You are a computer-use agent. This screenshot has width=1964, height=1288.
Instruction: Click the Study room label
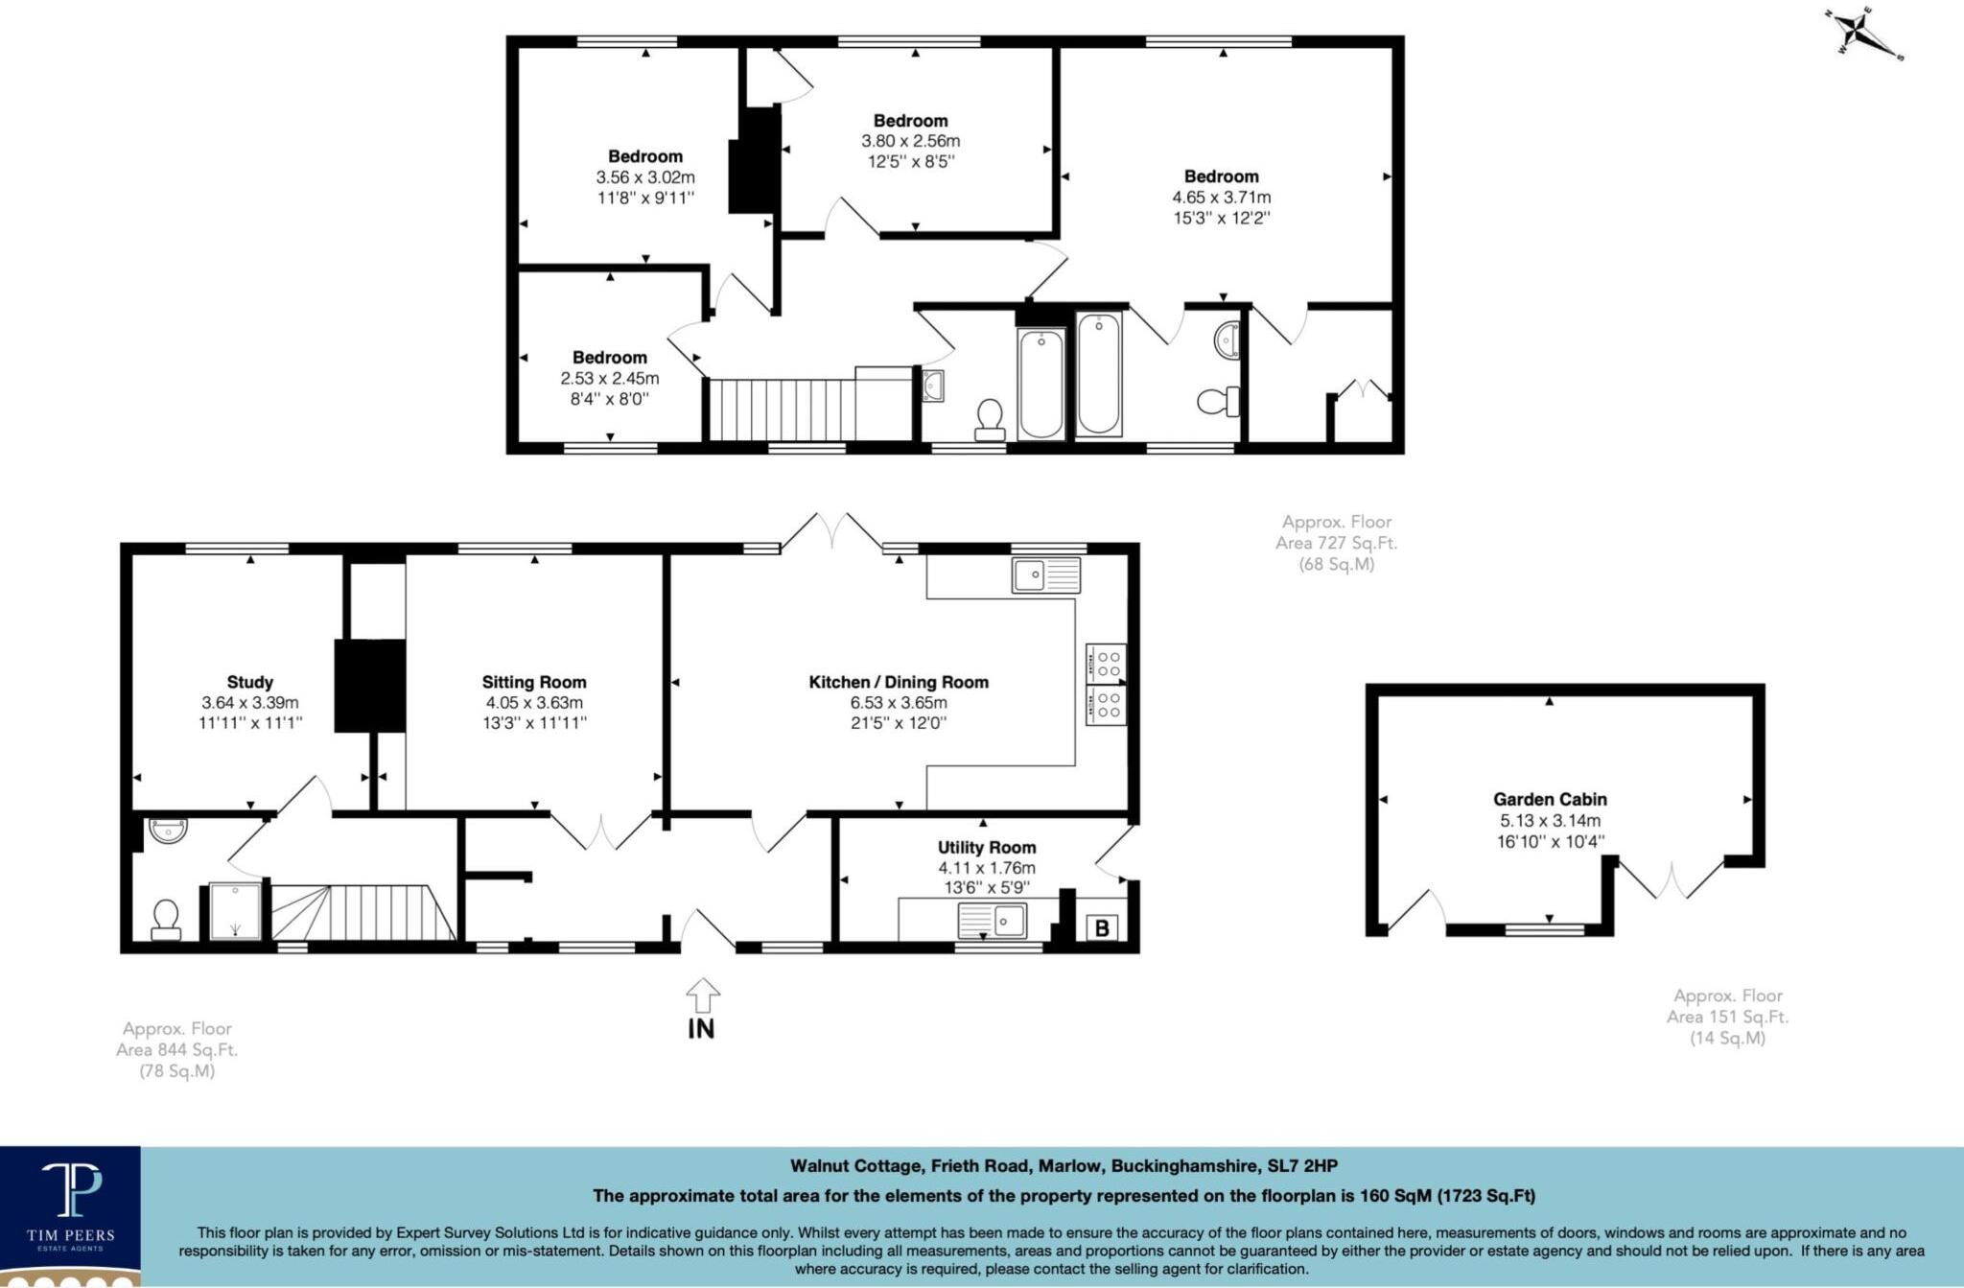[x=250, y=682]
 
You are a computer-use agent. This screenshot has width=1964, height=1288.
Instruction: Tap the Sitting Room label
[x=534, y=682]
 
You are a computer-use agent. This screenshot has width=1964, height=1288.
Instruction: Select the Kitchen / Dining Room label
[x=899, y=682]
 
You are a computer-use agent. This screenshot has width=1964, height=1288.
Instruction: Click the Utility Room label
[x=987, y=847]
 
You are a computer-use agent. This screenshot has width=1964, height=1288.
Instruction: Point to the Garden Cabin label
[x=1550, y=799]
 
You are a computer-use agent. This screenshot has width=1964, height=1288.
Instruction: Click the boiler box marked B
[x=1102, y=927]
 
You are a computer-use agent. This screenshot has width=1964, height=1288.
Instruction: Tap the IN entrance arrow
[x=703, y=996]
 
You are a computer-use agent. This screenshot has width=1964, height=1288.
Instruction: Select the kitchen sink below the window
[x=1045, y=575]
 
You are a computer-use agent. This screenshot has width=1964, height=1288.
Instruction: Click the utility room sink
[x=992, y=921]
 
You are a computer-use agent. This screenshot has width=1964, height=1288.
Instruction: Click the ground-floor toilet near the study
[x=166, y=919]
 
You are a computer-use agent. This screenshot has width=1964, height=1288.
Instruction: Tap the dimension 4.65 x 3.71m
[x=1221, y=198]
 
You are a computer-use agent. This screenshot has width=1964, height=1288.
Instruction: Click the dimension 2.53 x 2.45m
[x=610, y=378]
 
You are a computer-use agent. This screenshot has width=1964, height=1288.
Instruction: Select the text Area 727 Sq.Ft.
[x=1336, y=543]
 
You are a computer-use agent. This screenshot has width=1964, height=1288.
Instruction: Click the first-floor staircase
[x=782, y=409]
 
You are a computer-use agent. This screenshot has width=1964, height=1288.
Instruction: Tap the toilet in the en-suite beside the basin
[x=1218, y=401]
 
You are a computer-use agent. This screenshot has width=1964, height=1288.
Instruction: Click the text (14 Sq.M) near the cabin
[x=1727, y=1038]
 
